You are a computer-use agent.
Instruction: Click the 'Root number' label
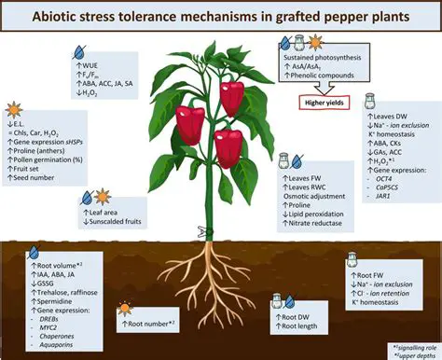click(x=151, y=322)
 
